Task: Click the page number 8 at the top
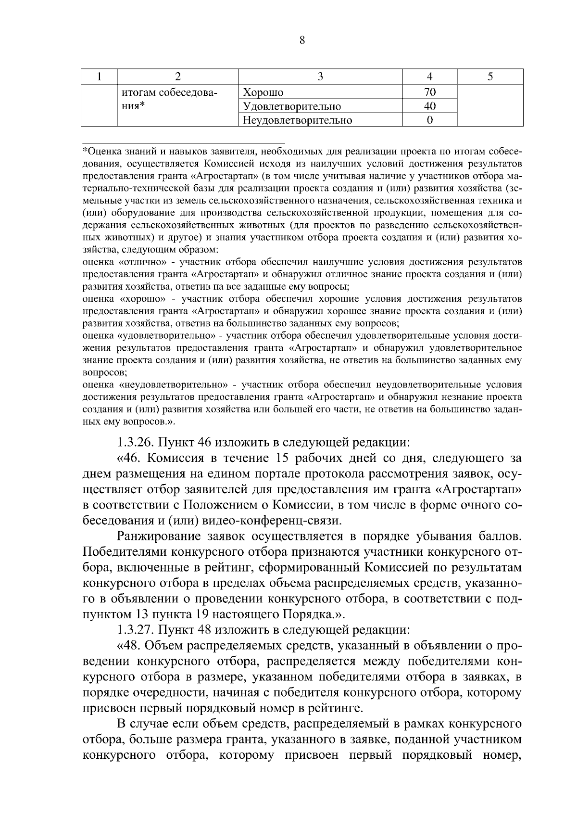(302, 40)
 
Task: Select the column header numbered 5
(490, 76)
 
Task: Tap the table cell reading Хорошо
(263, 92)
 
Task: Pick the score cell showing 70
(430, 92)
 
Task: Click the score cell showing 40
(430, 106)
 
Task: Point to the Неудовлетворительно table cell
(298, 120)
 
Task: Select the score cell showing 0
(430, 120)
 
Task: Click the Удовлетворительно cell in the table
(292, 106)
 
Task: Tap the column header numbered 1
(99, 76)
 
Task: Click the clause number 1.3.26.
(136, 441)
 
